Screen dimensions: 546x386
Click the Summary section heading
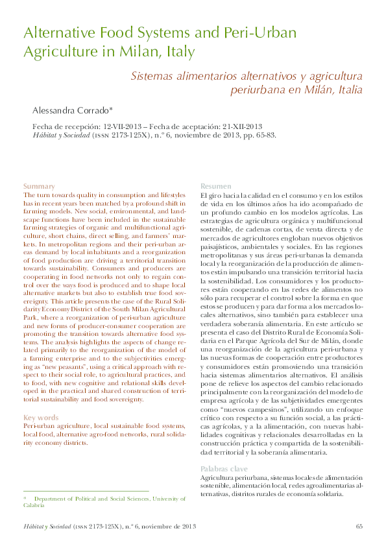[38, 186]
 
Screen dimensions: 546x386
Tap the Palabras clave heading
[223, 468]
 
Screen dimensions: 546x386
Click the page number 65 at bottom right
[359, 525]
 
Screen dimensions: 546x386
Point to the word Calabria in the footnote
[34, 504]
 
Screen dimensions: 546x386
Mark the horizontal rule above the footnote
[86, 491]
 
